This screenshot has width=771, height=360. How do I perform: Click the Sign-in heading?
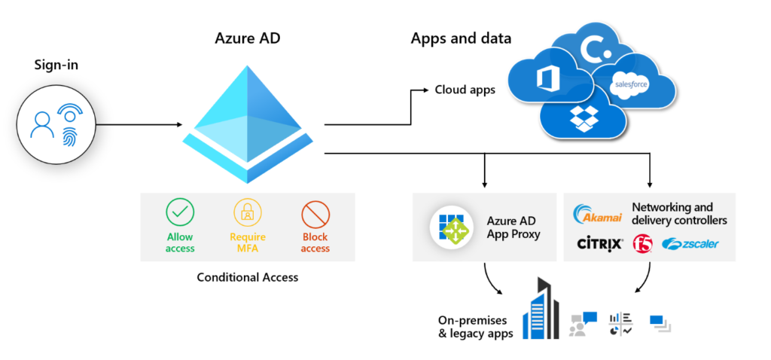(56, 66)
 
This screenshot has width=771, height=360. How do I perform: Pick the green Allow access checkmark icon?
(180, 215)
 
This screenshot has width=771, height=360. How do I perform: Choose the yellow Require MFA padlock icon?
(248, 215)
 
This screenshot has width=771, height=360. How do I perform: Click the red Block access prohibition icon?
(315, 215)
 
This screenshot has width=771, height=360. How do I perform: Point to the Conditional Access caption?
(247, 277)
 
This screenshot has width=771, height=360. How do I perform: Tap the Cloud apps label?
(465, 90)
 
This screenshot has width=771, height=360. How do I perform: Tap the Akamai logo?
(596, 215)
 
